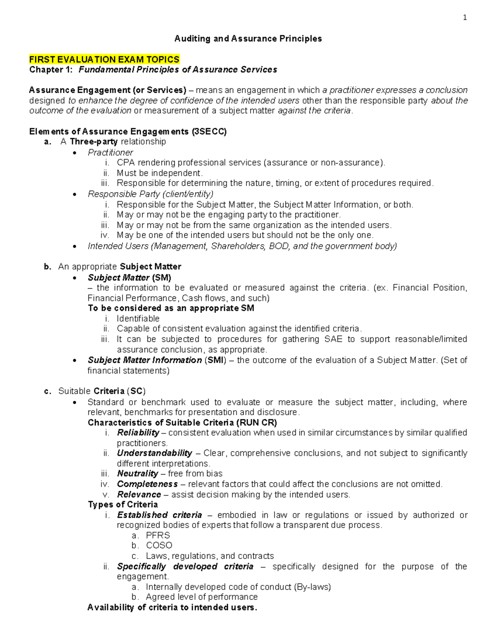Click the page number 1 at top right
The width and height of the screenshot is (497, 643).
pyautogui.click(x=465, y=17)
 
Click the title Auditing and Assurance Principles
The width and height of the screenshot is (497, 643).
pyautogui.click(x=248, y=39)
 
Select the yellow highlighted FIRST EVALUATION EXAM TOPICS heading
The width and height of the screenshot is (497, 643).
pyautogui.click(x=104, y=59)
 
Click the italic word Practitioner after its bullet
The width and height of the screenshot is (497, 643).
pyautogui.click(x=110, y=152)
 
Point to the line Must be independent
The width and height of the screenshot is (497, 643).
pyautogui.click(x=159, y=173)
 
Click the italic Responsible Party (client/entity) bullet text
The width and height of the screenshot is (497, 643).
pyautogui.click(x=150, y=194)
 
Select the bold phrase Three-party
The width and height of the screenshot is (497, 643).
pyautogui.click(x=94, y=142)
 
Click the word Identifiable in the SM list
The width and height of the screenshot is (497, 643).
pyautogui.click(x=138, y=318)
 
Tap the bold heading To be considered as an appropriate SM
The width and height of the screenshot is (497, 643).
pyautogui.click(x=171, y=308)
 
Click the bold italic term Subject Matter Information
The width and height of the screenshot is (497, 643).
pyautogui.click(x=145, y=360)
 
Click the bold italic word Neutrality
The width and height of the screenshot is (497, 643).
pyautogui.click(x=138, y=474)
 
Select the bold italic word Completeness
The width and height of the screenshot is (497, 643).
pyautogui.click(x=147, y=484)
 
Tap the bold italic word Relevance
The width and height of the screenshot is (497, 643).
pyautogui.click(x=139, y=494)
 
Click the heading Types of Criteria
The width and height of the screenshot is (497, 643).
pyautogui.click(x=123, y=505)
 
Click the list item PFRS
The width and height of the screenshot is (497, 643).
pyautogui.click(x=158, y=535)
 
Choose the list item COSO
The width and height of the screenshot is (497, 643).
pyautogui.click(x=159, y=546)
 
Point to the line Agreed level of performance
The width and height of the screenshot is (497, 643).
pyautogui.click(x=201, y=597)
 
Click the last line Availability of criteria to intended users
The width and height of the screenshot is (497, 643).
pyautogui.click(x=172, y=607)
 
